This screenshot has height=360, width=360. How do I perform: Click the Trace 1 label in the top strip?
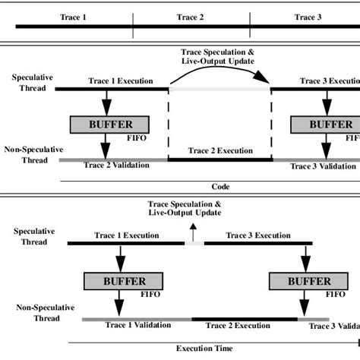pyautogui.click(x=73, y=16)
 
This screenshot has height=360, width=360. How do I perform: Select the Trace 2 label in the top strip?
pyautogui.click(x=191, y=16)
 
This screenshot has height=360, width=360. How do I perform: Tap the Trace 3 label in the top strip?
pyautogui.click(x=308, y=16)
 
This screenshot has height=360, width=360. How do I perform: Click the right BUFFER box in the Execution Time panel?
pyautogui.click(x=299, y=282)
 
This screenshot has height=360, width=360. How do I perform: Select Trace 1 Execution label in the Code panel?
pyautogui.click(x=121, y=81)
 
